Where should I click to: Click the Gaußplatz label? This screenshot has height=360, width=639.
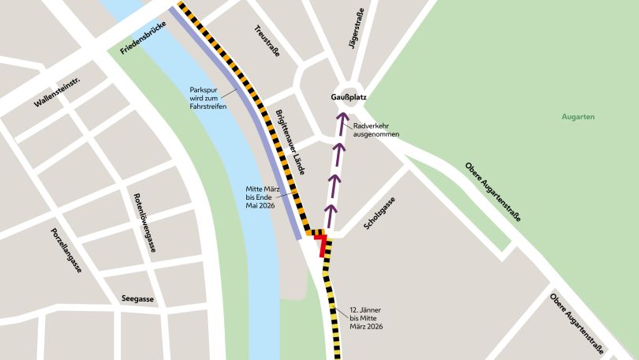[x=348, y=97]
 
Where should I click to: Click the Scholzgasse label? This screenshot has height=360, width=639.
[x=379, y=214]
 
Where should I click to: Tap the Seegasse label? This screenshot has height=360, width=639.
[x=137, y=299]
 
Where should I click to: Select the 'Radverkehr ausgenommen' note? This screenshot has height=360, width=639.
[x=376, y=130]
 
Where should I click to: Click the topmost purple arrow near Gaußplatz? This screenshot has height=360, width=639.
[x=342, y=122]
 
